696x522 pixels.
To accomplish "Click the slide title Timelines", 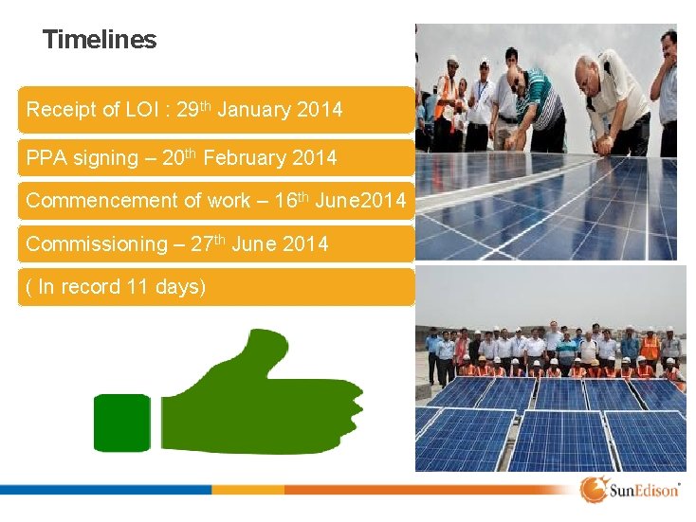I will [100, 40].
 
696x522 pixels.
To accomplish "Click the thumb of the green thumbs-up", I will [248, 353].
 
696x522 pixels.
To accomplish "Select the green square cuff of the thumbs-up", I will [121, 423].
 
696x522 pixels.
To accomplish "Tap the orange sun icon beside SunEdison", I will [594, 490].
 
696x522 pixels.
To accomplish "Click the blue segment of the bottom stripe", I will [104, 490].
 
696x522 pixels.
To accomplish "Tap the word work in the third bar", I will [215, 201].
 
